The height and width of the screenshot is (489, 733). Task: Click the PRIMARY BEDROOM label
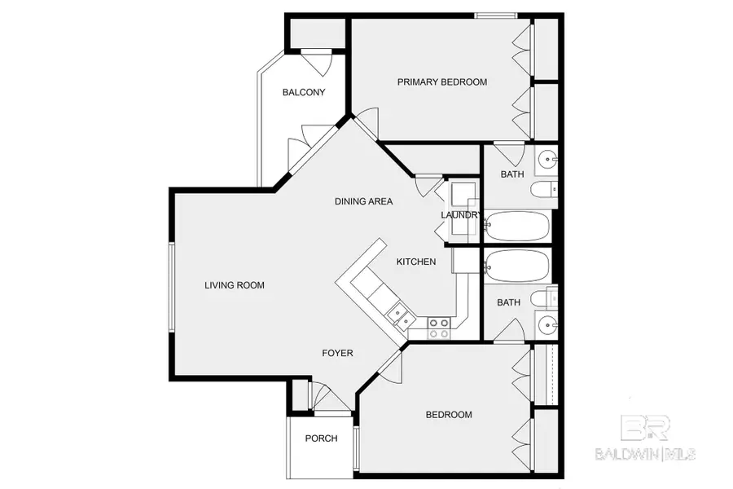pyautogui.click(x=441, y=82)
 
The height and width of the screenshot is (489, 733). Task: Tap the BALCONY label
pyautogui.click(x=304, y=93)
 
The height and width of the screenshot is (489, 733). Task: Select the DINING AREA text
pyautogui.click(x=364, y=201)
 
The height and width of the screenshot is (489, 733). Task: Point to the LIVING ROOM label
pyautogui.click(x=235, y=285)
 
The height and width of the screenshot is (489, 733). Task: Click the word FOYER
pyautogui.click(x=337, y=353)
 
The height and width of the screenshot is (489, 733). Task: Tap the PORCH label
pyautogui.click(x=321, y=438)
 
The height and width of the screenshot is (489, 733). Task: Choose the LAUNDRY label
pyautogui.click(x=461, y=215)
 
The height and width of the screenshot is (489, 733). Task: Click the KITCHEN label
pyautogui.click(x=415, y=262)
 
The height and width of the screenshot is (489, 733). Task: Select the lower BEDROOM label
pyautogui.click(x=449, y=415)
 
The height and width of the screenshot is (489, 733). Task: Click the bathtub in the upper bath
pyautogui.click(x=518, y=225)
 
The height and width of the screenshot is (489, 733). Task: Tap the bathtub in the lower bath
pyautogui.click(x=518, y=264)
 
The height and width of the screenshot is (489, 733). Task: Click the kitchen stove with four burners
pyautogui.click(x=439, y=328)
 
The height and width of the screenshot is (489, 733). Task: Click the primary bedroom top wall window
pyautogui.click(x=496, y=15)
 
